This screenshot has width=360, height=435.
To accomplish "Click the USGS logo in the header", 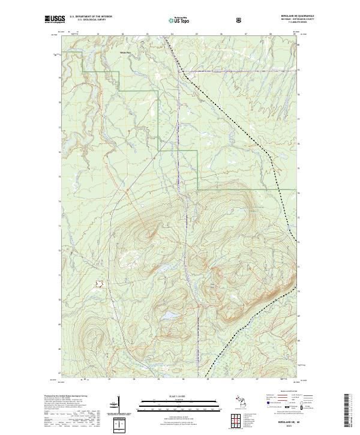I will (55, 20).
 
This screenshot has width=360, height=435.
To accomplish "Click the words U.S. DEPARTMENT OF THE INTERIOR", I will (91, 17).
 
